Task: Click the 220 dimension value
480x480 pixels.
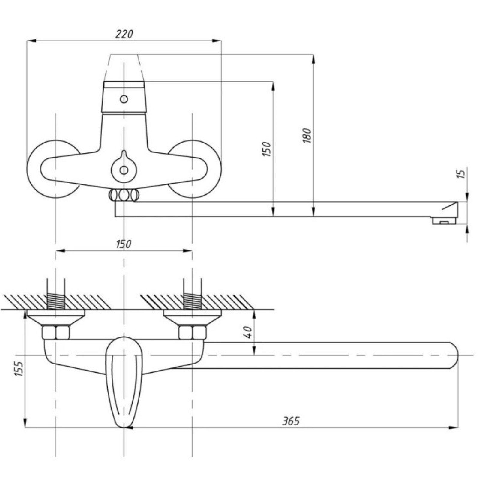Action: coord(124,34)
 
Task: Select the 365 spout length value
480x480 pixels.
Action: coord(291,421)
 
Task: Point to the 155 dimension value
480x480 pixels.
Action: coord(19,369)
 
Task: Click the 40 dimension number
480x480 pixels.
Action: coord(248,332)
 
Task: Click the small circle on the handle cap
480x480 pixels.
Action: coord(124,99)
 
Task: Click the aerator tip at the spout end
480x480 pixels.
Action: coord(444,221)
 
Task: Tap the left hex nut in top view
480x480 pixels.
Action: coord(56,333)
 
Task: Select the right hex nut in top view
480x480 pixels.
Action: coord(192,333)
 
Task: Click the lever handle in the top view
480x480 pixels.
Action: coord(124,381)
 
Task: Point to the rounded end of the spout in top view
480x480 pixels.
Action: coord(451,355)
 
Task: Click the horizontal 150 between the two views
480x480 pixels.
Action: coord(124,244)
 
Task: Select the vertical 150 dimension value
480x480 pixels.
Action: coord(267,149)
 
